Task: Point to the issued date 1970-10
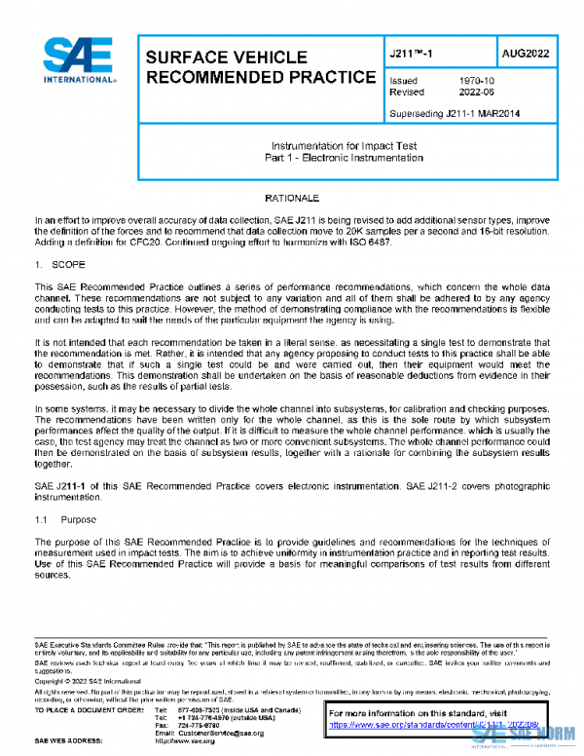coord(474,81)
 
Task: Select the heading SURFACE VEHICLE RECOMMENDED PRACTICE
coord(259,67)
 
